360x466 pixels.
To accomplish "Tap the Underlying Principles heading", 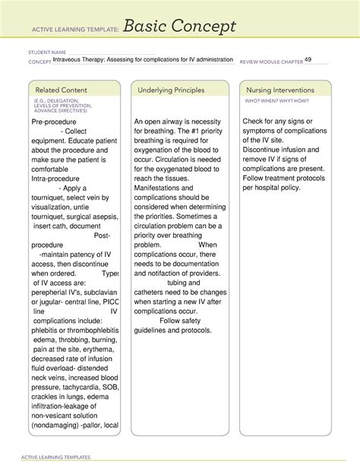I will coord(172,90).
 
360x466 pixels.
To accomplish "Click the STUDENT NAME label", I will coord(46,54).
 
